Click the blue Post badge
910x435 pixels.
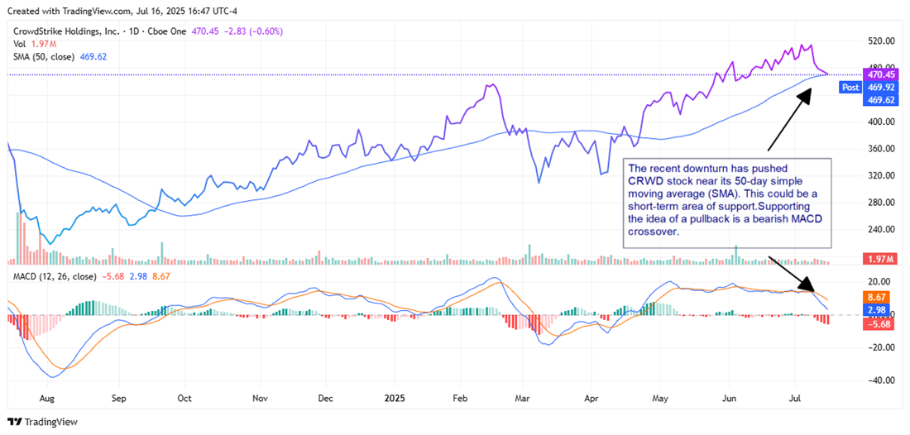coord(850,87)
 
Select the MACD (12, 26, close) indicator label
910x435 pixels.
coord(55,276)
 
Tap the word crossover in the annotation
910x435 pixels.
coord(654,232)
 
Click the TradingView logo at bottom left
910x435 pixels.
coord(45,422)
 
